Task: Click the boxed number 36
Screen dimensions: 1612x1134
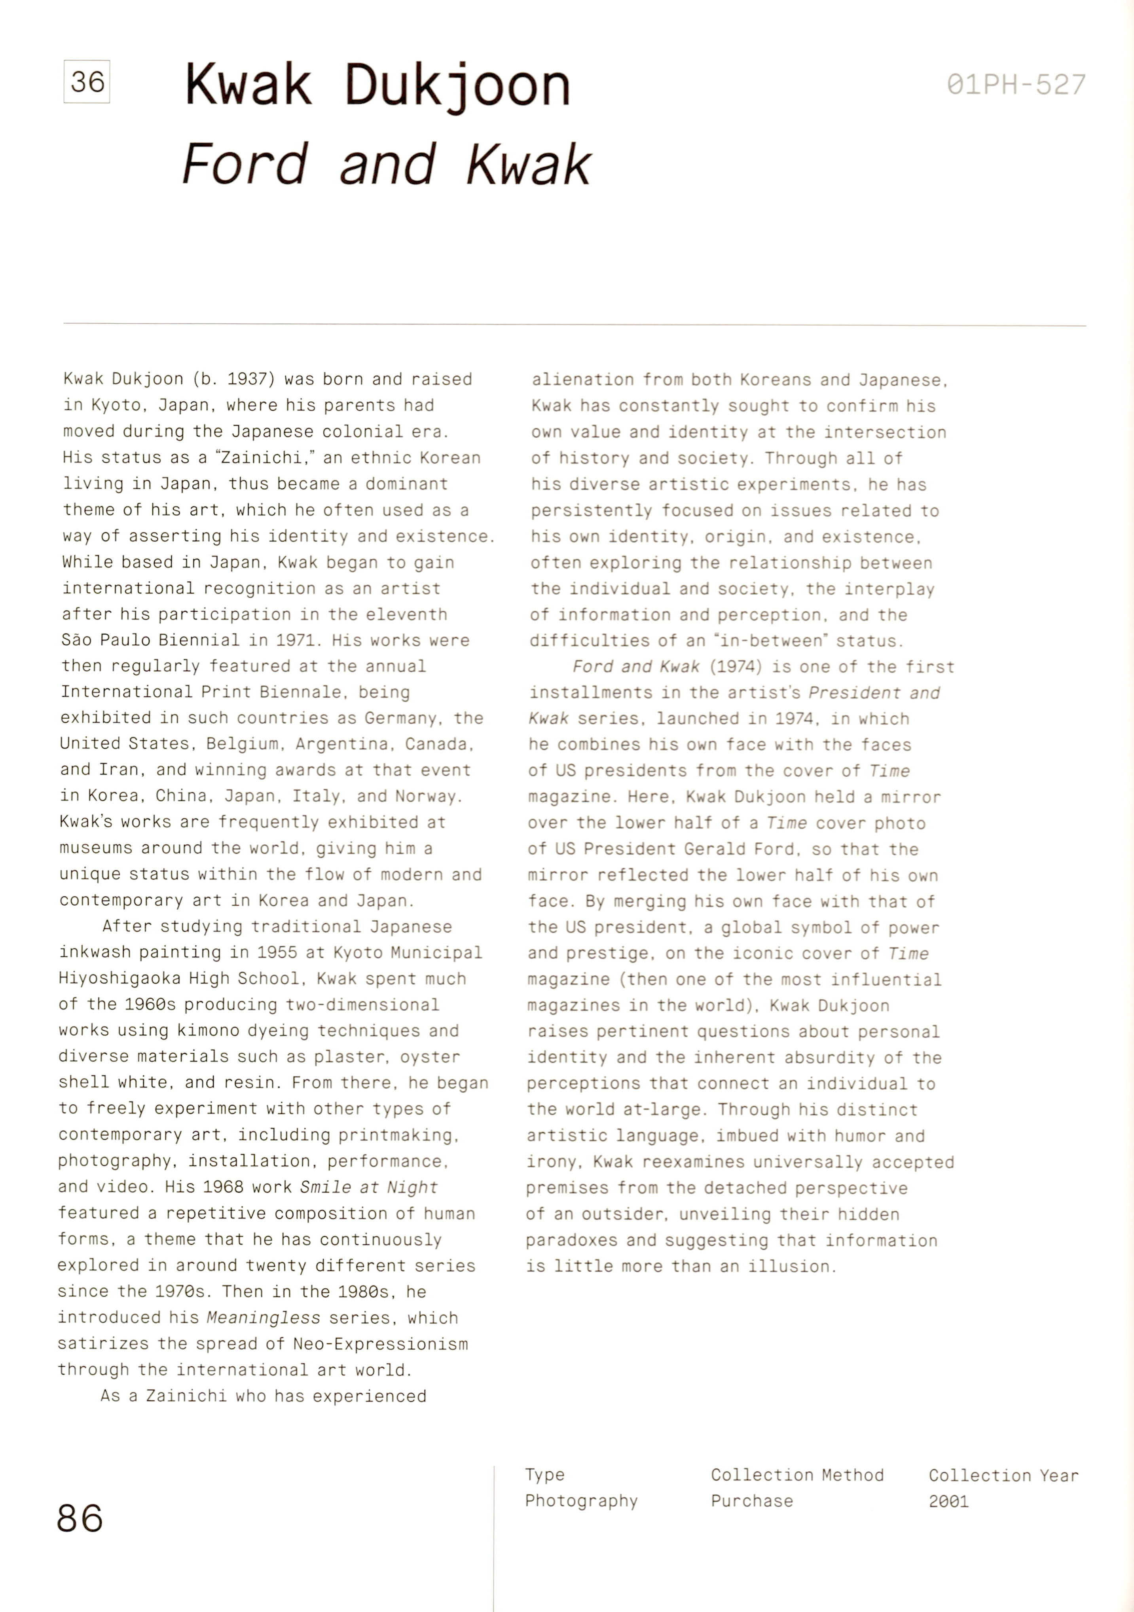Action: pos(87,82)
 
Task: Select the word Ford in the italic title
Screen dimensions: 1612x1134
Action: pos(245,164)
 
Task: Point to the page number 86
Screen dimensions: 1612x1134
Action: pos(80,1519)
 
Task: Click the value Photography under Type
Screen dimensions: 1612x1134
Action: pos(581,1501)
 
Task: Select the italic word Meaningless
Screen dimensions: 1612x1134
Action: pos(263,1317)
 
